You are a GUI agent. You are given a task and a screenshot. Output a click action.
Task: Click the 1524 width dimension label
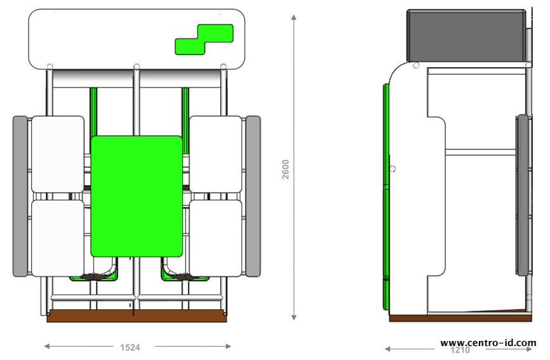130,347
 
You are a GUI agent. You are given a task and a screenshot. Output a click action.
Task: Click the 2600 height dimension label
285,169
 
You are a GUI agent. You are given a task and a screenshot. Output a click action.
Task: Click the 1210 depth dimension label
460,350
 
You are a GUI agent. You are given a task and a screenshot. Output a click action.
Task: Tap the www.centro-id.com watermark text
488,343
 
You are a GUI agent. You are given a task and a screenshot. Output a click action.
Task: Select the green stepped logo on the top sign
204,39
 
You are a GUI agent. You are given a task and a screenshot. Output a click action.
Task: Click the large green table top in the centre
136,196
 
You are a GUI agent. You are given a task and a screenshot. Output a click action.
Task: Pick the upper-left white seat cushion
58,154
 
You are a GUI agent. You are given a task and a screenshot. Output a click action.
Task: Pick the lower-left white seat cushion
58,238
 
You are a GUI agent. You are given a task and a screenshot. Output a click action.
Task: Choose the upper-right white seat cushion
216,154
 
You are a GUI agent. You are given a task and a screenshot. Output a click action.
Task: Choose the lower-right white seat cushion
216,238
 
